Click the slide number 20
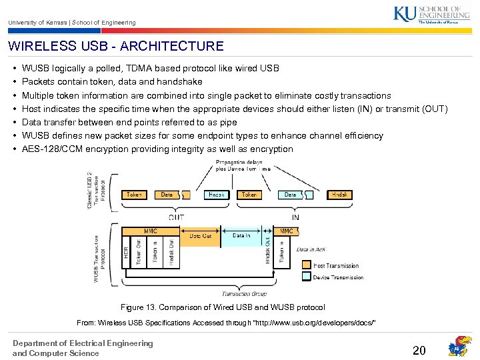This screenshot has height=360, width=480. [x=419, y=350]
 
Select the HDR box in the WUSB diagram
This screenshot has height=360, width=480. [x=127, y=252]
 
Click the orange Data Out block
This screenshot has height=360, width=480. [x=200, y=235]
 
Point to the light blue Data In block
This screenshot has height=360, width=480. [x=241, y=235]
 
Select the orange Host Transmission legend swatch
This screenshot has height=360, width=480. [x=308, y=265]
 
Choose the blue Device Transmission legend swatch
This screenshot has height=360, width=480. [x=308, y=277]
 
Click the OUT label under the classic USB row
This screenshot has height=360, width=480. [x=177, y=217]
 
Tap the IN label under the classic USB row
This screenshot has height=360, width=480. [x=295, y=217]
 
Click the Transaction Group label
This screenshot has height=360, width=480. [x=244, y=293]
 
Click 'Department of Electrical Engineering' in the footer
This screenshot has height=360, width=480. [x=83, y=343]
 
